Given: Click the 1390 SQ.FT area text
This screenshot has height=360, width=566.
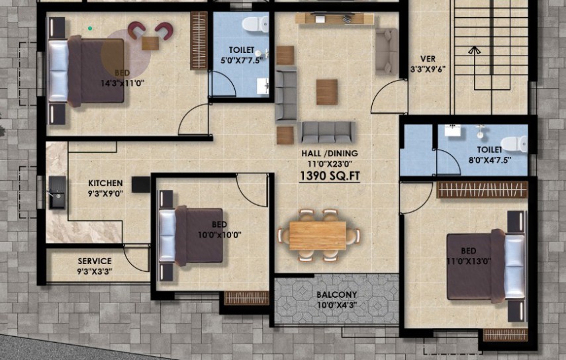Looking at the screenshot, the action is pos(330,176).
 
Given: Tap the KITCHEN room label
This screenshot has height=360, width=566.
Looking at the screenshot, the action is pos(105,183).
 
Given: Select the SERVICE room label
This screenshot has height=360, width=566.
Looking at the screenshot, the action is pos(95,261).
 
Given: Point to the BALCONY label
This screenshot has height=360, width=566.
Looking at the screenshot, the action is pos(337,294).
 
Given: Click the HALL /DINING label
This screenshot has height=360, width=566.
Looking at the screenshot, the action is pos(330,154).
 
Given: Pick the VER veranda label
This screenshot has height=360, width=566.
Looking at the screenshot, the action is pos(428,59).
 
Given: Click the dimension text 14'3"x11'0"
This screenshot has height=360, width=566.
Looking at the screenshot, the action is pos(122,83).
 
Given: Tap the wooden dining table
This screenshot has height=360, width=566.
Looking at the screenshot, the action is pos(318,236).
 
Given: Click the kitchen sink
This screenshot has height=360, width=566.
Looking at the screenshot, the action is pos(58,193).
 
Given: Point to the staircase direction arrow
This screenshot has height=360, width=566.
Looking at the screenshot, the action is pos(474,50).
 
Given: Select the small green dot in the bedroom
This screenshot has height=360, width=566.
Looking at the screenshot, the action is pos(90,28).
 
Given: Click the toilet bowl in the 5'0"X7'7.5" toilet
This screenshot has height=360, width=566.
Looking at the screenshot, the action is pos(256,24).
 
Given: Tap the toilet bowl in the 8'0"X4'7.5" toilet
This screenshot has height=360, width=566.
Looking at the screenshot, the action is pos(514,144).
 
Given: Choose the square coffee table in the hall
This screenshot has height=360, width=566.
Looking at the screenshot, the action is pos(327,92).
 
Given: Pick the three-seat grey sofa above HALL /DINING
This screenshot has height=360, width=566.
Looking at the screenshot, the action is pos(327,132).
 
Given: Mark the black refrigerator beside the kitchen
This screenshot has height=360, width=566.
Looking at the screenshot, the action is pos(141,185).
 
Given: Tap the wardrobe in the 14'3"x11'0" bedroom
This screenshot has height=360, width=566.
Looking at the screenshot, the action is pos(199,41).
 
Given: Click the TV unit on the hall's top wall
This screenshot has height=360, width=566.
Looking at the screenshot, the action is pos(334,19).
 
